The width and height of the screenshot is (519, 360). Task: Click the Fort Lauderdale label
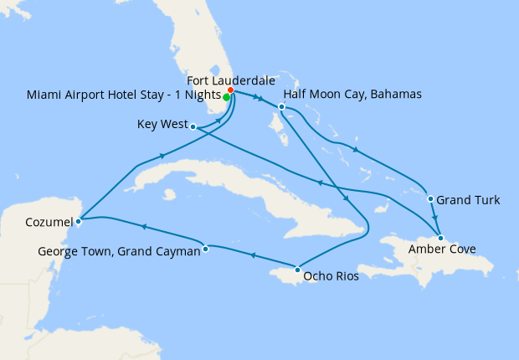click(230, 80)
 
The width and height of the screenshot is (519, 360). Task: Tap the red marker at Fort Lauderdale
click(231, 90)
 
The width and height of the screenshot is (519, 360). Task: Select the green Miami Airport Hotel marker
click(227, 96)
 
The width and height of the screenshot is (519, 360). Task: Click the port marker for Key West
click(193, 127)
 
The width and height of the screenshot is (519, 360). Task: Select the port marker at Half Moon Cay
click(282, 107)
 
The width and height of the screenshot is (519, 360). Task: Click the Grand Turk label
click(469, 200)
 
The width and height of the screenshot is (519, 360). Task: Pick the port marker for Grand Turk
click(430, 199)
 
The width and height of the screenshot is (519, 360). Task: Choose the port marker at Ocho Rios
click(298, 270)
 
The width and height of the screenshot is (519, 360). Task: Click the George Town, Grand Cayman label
click(119, 251)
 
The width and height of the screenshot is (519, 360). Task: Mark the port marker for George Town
click(206, 247)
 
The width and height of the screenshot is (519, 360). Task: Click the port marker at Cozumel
click(78, 222)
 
